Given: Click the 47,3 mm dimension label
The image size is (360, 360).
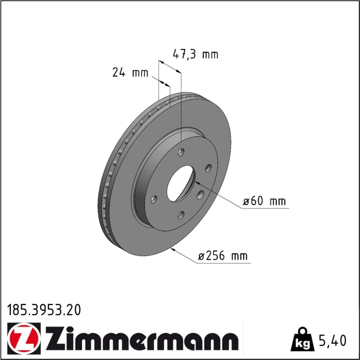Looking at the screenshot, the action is [x=195, y=55].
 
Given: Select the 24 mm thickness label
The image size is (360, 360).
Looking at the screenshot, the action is [x=130, y=73].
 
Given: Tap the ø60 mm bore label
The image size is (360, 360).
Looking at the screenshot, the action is [x=264, y=201].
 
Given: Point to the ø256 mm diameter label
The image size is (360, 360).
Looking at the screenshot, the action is [x=223, y=256].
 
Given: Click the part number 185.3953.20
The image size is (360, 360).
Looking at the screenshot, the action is [x=44, y=310].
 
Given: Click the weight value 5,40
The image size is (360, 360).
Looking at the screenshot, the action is [x=332, y=341].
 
